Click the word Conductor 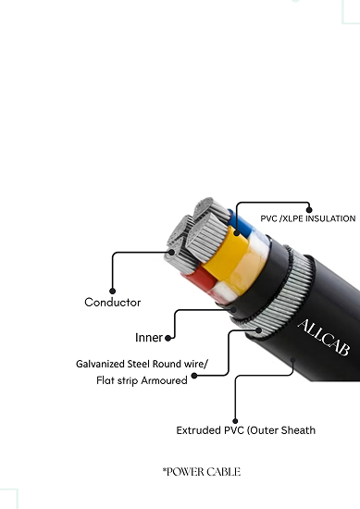(x=112, y=303)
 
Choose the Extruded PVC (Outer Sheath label (x=245, y=430)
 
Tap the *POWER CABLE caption (x=201, y=472)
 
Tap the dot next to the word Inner (x=170, y=337)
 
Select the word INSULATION (x=329, y=218)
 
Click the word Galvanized (x=103, y=364)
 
